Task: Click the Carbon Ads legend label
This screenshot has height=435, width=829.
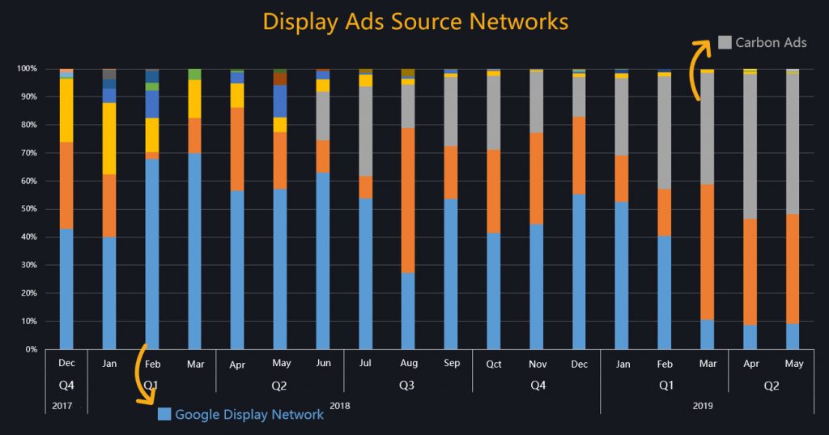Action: coord(771,42)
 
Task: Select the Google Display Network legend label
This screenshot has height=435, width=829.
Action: coord(249,414)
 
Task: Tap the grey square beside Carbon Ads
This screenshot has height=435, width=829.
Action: coord(725,42)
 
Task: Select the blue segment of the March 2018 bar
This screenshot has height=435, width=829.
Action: coord(194,251)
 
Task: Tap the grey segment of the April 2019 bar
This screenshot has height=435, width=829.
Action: coord(750,146)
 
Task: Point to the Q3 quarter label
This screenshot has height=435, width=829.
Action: coord(407,386)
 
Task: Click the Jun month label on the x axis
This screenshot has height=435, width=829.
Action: coord(322,364)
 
